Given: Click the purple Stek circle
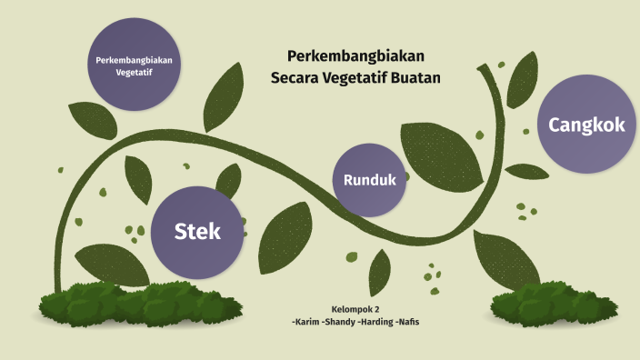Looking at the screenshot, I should click(x=198, y=232).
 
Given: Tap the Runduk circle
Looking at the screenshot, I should click(x=370, y=180).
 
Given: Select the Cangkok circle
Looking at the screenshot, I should click(x=586, y=125).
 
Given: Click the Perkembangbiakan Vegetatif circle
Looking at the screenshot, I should click(x=134, y=65).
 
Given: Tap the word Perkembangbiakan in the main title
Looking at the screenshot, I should click(x=356, y=56).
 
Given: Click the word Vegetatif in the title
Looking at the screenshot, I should click(x=359, y=78).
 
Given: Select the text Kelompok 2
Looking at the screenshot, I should click(x=356, y=309).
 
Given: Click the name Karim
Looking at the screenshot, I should click(x=305, y=323).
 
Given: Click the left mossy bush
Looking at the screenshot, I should click(x=136, y=305).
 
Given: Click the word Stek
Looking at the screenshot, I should click(x=198, y=232).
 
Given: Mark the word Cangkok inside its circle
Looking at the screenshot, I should click(x=586, y=125).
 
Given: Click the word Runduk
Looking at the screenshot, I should click(x=370, y=180).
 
